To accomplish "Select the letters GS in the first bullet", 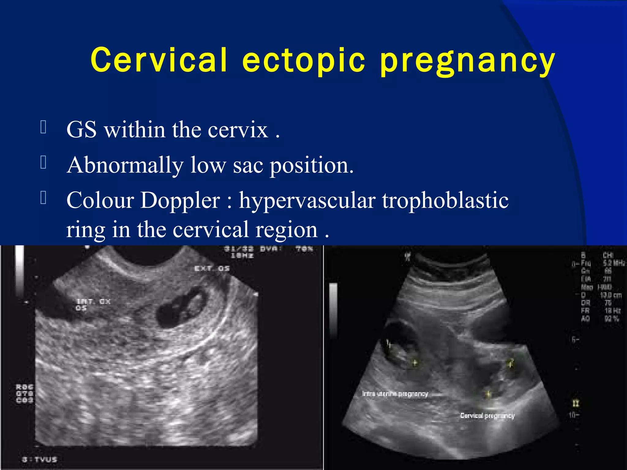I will tap(81, 130).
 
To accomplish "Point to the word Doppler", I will tap(180, 200).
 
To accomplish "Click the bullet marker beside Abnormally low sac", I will tap(43, 162).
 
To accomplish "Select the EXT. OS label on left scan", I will tap(212, 268).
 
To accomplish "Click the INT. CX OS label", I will tap(92, 304).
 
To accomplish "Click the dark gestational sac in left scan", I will tap(179, 309).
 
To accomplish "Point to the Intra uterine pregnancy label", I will tap(395, 394).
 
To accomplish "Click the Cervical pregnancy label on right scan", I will tap(487, 416).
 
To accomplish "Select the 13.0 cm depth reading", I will tap(610, 295).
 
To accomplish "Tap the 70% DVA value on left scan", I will tap(304, 249).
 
